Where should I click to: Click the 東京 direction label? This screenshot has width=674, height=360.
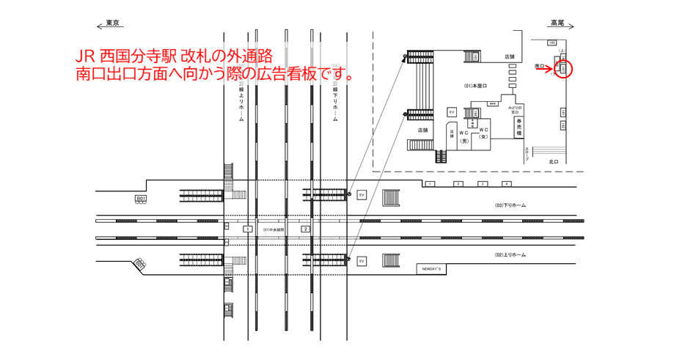(x=112, y=23)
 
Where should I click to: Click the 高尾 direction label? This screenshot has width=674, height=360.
(x=557, y=23)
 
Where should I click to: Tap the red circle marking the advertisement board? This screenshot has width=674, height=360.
(x=563, y=69)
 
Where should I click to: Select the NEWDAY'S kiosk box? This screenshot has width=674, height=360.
(x=432, y=268)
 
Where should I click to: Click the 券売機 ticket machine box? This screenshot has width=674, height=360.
(x=519, y=127)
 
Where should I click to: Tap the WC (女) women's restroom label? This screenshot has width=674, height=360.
(x=483, y=134)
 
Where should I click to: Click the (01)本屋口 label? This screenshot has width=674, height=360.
(x=476, y=86)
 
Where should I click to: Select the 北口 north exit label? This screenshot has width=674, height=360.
(x=553, y=162)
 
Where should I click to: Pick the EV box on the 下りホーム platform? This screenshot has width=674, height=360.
(x=361, y=195)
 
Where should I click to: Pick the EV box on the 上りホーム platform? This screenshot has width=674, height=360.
(x=361, y=261)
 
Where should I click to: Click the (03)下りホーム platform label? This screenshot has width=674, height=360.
(x=510, y=206)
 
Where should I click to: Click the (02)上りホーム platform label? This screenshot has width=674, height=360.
(x=510, y=254)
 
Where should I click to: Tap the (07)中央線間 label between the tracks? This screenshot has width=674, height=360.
(x=274, y=229)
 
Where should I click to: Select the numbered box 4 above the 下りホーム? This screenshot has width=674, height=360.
(x=506, y=183)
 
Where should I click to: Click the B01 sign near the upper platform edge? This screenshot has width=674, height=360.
(x=140, y=199)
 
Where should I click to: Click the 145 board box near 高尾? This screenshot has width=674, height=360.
(x=552, y=44)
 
